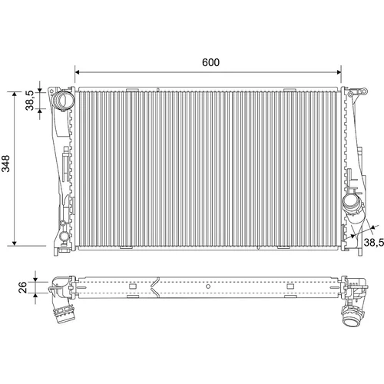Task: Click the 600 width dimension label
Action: click(x=210, y=62)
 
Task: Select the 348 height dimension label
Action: click(x=6, y=164)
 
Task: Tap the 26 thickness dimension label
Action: click(x=23, y=287)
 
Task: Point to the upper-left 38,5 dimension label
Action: click(x=30, y=101)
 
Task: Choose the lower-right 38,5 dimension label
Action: click(x=374, y=242)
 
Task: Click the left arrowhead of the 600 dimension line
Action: click(x=78, y=72)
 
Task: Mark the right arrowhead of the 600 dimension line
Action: click(x=339, y=72)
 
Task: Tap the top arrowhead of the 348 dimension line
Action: click(x=15, y=94)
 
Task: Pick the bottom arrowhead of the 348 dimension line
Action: click(x=15, y=243)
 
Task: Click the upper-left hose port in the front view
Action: click(x=62, y=100)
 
